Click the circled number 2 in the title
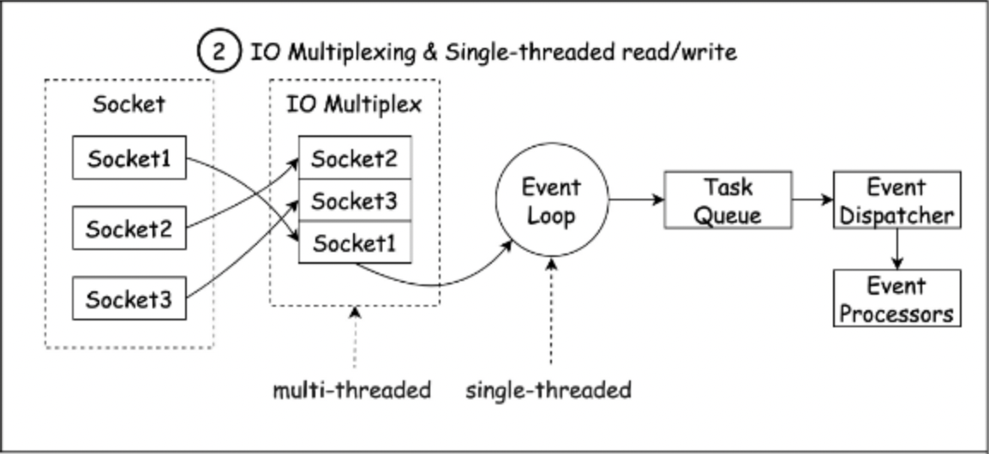click(x=219, y=52)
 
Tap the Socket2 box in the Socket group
click(x=129, y=230)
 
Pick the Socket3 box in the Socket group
click(x=129, y=299)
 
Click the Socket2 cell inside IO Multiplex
click(x=354, y=158)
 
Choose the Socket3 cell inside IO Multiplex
click(x=354, y=201)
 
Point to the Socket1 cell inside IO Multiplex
click(x=354, y=243)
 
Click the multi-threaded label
click(x=351, y=391)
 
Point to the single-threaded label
click(x=548, y=391)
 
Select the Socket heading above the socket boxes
click(x=129, y=105)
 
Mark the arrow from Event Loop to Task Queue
click(x=635, y=200)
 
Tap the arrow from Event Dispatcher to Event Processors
click(x=896, y=248)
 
